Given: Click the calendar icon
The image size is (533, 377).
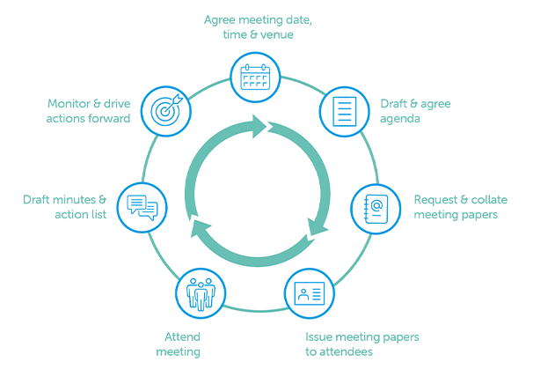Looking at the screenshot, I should tap(254, 77).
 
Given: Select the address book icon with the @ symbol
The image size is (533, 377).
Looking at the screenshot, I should tap(376, 208).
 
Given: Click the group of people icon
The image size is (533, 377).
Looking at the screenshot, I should tap(200, 292).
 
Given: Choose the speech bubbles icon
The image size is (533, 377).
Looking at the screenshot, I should tap(142, 208).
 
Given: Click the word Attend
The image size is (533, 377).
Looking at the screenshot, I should tap(182, 336).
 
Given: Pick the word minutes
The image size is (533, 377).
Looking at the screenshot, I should tap(73, 200).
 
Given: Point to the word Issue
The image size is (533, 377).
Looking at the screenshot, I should tap(319, 336).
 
